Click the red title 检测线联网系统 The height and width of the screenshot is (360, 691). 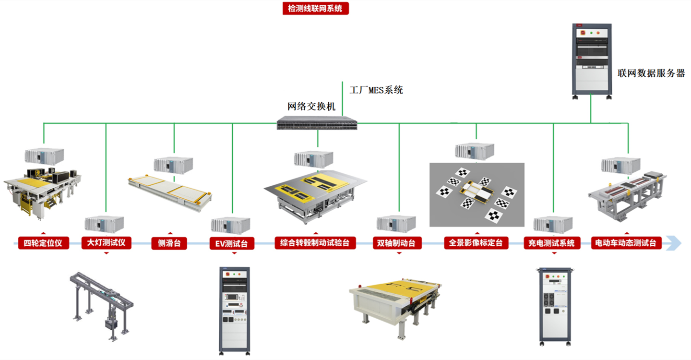tap(315, 8)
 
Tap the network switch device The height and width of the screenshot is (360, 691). tap(317, 123)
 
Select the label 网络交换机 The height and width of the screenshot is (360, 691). tap(311, 106)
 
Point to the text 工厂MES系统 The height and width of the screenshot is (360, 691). tap(376, 90)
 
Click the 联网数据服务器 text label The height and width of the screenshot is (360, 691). tap(651, 73)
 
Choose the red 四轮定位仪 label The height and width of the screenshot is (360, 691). tap(43, 243)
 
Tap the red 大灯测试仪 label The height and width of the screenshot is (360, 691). tap(107, 242)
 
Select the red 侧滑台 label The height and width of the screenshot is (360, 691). tap(169, 243)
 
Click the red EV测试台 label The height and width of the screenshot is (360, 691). tap(232, 243)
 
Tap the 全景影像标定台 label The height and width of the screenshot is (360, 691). tap(476, 242)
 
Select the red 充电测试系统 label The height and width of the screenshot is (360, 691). tap(552, 243)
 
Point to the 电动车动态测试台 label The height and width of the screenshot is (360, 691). tap(626, 243)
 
